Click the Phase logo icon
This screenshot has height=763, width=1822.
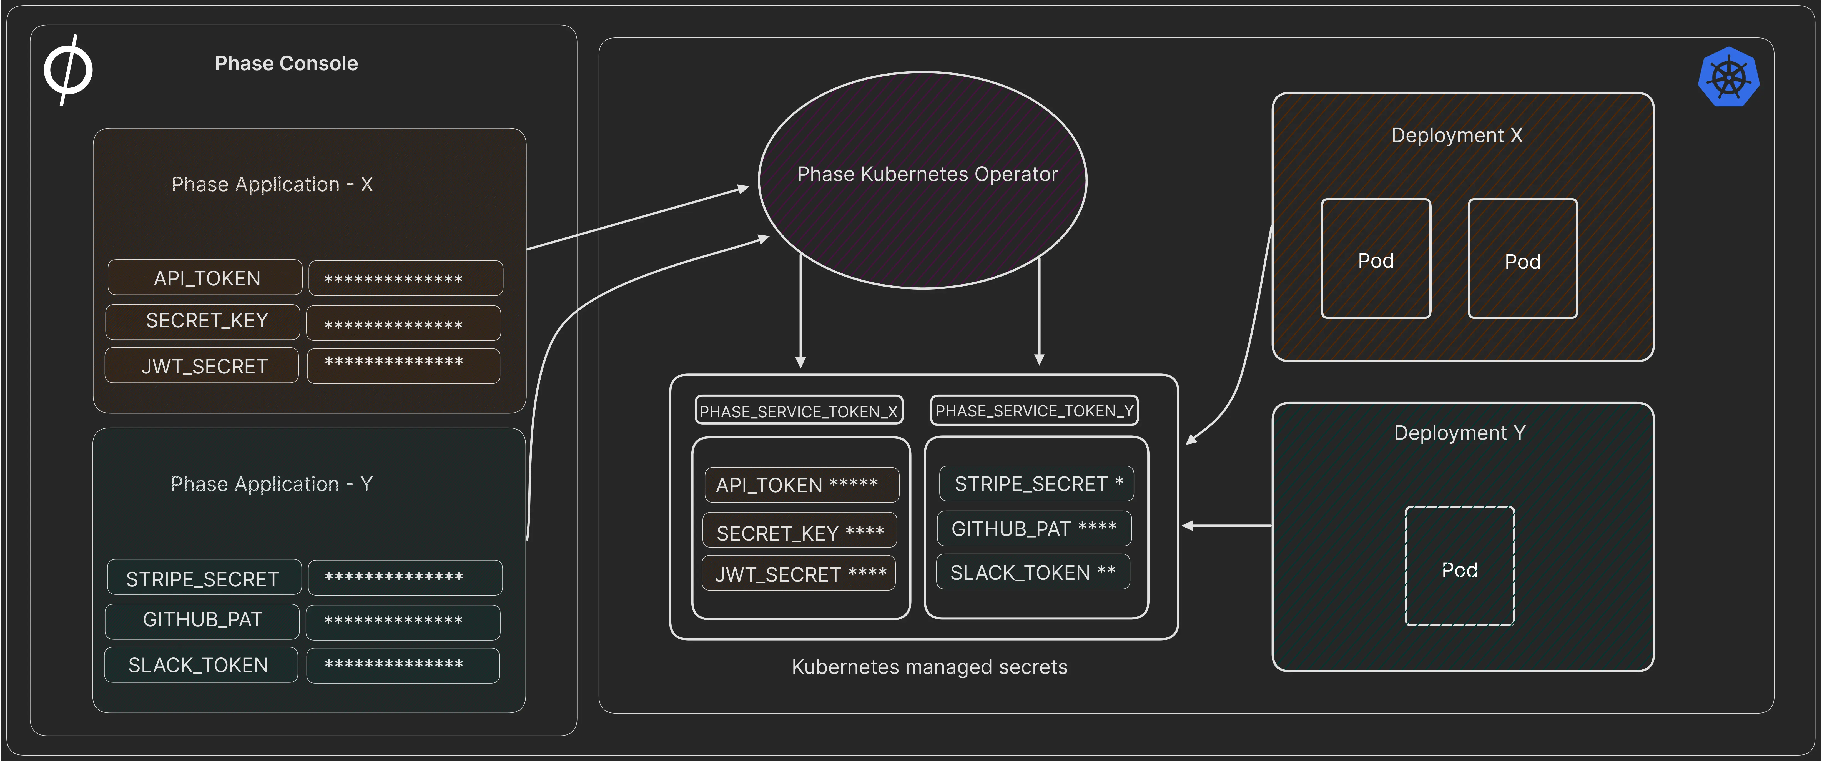click(x=68, y=69)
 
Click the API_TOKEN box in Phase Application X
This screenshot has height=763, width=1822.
click(x=205, y=278)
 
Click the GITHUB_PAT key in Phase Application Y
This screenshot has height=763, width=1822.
click(x=202, y=620)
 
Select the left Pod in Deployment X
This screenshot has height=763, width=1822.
click(x=1376, y=260)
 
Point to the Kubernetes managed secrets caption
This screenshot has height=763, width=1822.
click(x=929, y=667)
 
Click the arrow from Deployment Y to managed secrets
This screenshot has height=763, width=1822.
click(x=1227, y=525)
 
